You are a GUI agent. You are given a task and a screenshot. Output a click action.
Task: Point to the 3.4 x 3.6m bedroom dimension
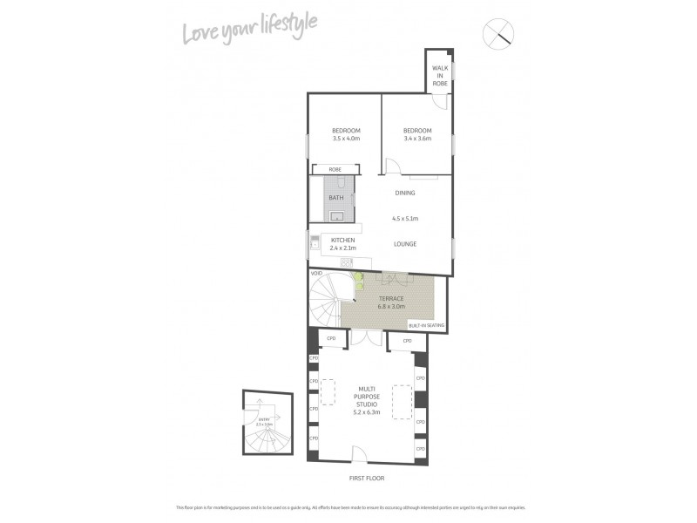pos(417,139)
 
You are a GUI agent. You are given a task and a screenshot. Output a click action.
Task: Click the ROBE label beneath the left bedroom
pos(334,169)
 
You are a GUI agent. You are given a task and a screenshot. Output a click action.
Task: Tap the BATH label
pos(336,198)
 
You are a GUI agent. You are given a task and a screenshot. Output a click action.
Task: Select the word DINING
pos(404,193)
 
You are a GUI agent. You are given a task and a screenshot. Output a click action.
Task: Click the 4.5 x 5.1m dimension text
pos(405,219)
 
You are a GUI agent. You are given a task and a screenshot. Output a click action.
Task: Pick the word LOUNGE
pos(404,245)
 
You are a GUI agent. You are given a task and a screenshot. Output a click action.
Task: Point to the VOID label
pos(317,273)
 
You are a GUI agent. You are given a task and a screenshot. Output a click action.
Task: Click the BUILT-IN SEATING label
pos(426,325)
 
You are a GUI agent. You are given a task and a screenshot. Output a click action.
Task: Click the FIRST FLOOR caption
pos(366,478)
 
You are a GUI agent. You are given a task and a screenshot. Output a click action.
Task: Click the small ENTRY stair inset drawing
pos(264,423)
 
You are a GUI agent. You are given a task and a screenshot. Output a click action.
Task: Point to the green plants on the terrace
pos(357,282)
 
